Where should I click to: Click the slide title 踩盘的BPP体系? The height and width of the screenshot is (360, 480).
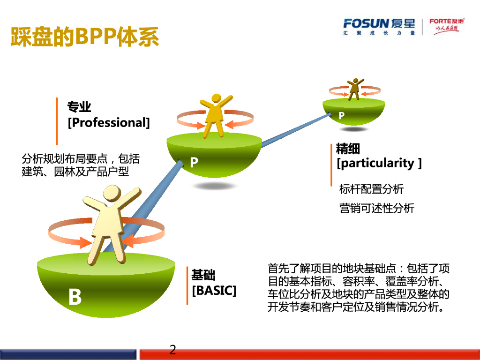click(x=85, y=37)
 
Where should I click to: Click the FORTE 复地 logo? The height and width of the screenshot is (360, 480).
click(x=446, y=26)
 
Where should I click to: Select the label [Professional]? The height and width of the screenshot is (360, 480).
click(x=109, y=123)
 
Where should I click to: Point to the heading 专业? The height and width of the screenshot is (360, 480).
click(x=79, y=107)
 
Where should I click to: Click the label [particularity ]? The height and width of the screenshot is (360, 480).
click(x=379, y=163)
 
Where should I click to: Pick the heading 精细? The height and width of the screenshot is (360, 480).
click(x=348, y=149)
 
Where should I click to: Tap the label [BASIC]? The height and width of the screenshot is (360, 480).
click(x=214, y=290)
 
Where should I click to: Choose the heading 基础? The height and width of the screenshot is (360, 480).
click(x=203, y=275)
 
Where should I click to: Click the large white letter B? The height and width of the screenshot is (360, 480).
click(x=75, y=298)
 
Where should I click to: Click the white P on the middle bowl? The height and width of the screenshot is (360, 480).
click(x=194, y=162)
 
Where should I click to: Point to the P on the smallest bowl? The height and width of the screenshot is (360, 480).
click(x=342, y=115)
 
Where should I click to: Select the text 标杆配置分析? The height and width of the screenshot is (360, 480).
click(x=371, y=189)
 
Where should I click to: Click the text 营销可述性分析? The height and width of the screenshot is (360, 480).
click(x=377, y=208)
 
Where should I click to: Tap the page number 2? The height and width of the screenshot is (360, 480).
click(x=173, y=350)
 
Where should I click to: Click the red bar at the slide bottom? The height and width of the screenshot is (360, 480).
click(x=309, y=354)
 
